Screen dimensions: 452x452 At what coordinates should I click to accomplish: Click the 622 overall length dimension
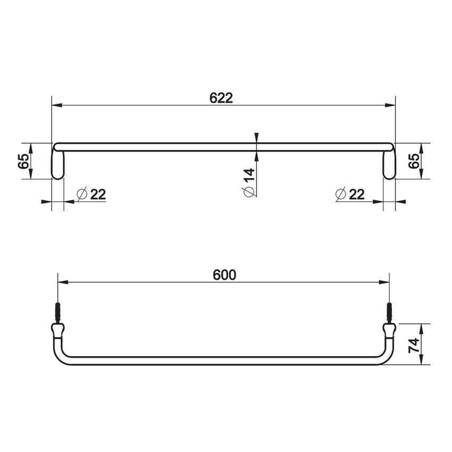click(221, 98)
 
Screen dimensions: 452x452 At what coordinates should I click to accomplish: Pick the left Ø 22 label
click(91, 194)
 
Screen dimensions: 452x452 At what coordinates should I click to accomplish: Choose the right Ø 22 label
click(350, 194)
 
